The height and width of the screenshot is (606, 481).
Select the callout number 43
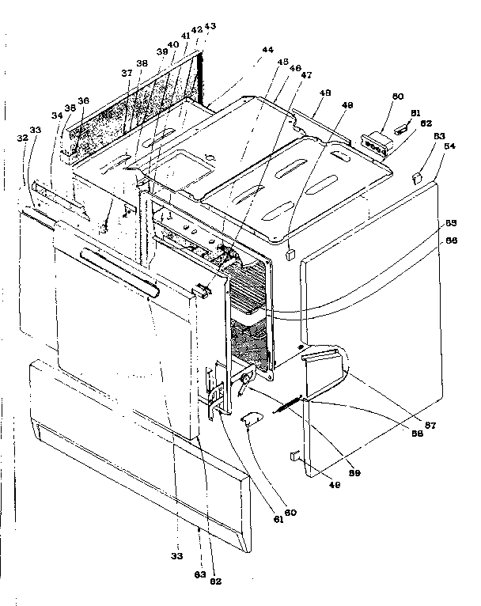tap(210, 26)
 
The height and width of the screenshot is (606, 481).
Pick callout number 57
tap(433, 425)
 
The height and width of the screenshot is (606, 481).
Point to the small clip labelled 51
tap(403, 126)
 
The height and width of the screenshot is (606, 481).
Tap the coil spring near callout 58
tap(288, 407)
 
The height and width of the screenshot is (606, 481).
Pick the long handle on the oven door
tap(119, 271)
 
